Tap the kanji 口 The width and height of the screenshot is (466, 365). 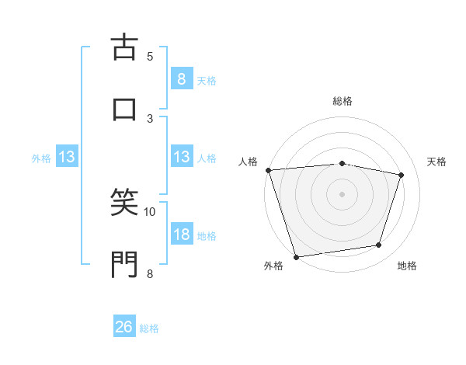(x=124, y=109)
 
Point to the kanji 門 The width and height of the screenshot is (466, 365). (x=124, y=264)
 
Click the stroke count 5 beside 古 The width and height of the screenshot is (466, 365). (x=150, y=56)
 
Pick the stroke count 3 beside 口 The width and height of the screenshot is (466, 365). (x=150, y=118)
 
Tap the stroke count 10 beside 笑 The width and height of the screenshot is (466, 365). (x=150, y=211)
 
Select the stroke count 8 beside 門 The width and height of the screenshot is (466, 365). (x=150, y=273)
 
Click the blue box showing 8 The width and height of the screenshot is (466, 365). (x=181, y=78)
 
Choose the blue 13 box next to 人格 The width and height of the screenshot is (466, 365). (x=181, y=157)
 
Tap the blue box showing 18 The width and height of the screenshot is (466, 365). (x=181, y=235)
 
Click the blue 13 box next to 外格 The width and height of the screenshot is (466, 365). (x=67, y=157)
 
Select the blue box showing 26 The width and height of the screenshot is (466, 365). (x=124, y=327)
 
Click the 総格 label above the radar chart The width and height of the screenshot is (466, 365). (x=343, y=101)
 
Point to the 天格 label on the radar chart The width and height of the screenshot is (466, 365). (x=437, y=162)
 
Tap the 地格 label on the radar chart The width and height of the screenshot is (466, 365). (x=407, y=266)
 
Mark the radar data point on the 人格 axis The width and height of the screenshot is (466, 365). (x=268, y=170)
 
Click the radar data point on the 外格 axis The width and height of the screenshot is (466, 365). (x=296, y=256)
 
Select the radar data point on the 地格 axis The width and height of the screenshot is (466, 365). (x=379, y=245)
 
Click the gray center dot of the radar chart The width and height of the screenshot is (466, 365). (x=342, y=193)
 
